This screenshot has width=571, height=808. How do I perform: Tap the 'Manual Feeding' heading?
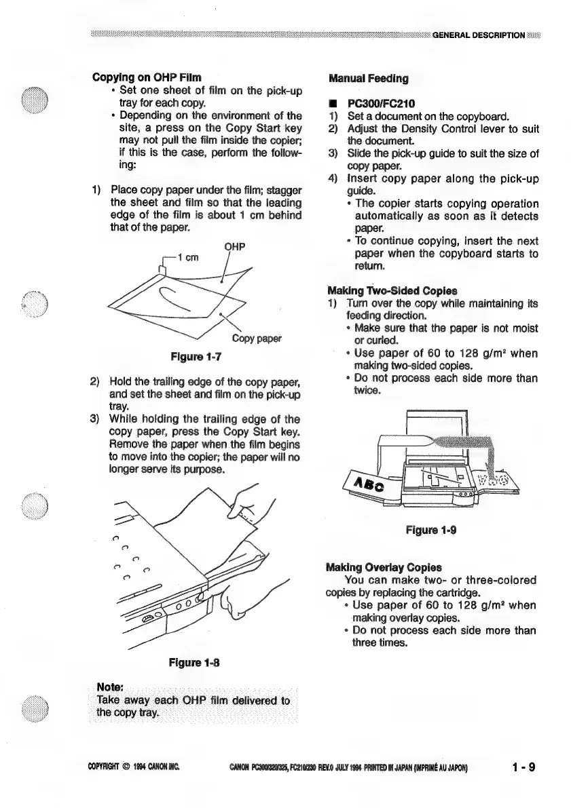pos(368,78)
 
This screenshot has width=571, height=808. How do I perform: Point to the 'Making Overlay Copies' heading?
pos(384,567)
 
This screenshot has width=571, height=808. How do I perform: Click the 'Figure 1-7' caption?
pos(196,356)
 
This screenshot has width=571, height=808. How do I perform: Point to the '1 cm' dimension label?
pos(189,257)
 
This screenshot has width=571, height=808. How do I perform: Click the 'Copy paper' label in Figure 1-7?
pos(256,338)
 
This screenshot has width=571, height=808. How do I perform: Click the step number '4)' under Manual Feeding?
pos(332,178)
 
